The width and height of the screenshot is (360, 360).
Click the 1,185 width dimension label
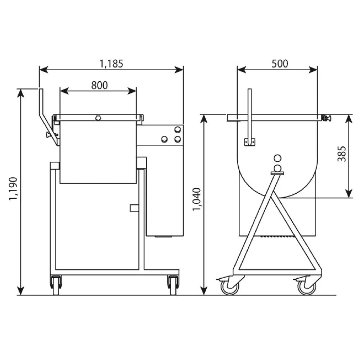(x=111, y=64)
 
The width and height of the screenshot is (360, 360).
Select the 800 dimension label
(x=99, y=85)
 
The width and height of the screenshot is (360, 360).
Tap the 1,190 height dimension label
(x=13, y=189)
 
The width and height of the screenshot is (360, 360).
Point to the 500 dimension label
(x=280, y=64)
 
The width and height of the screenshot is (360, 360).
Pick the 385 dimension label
(x=342, y=154)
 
